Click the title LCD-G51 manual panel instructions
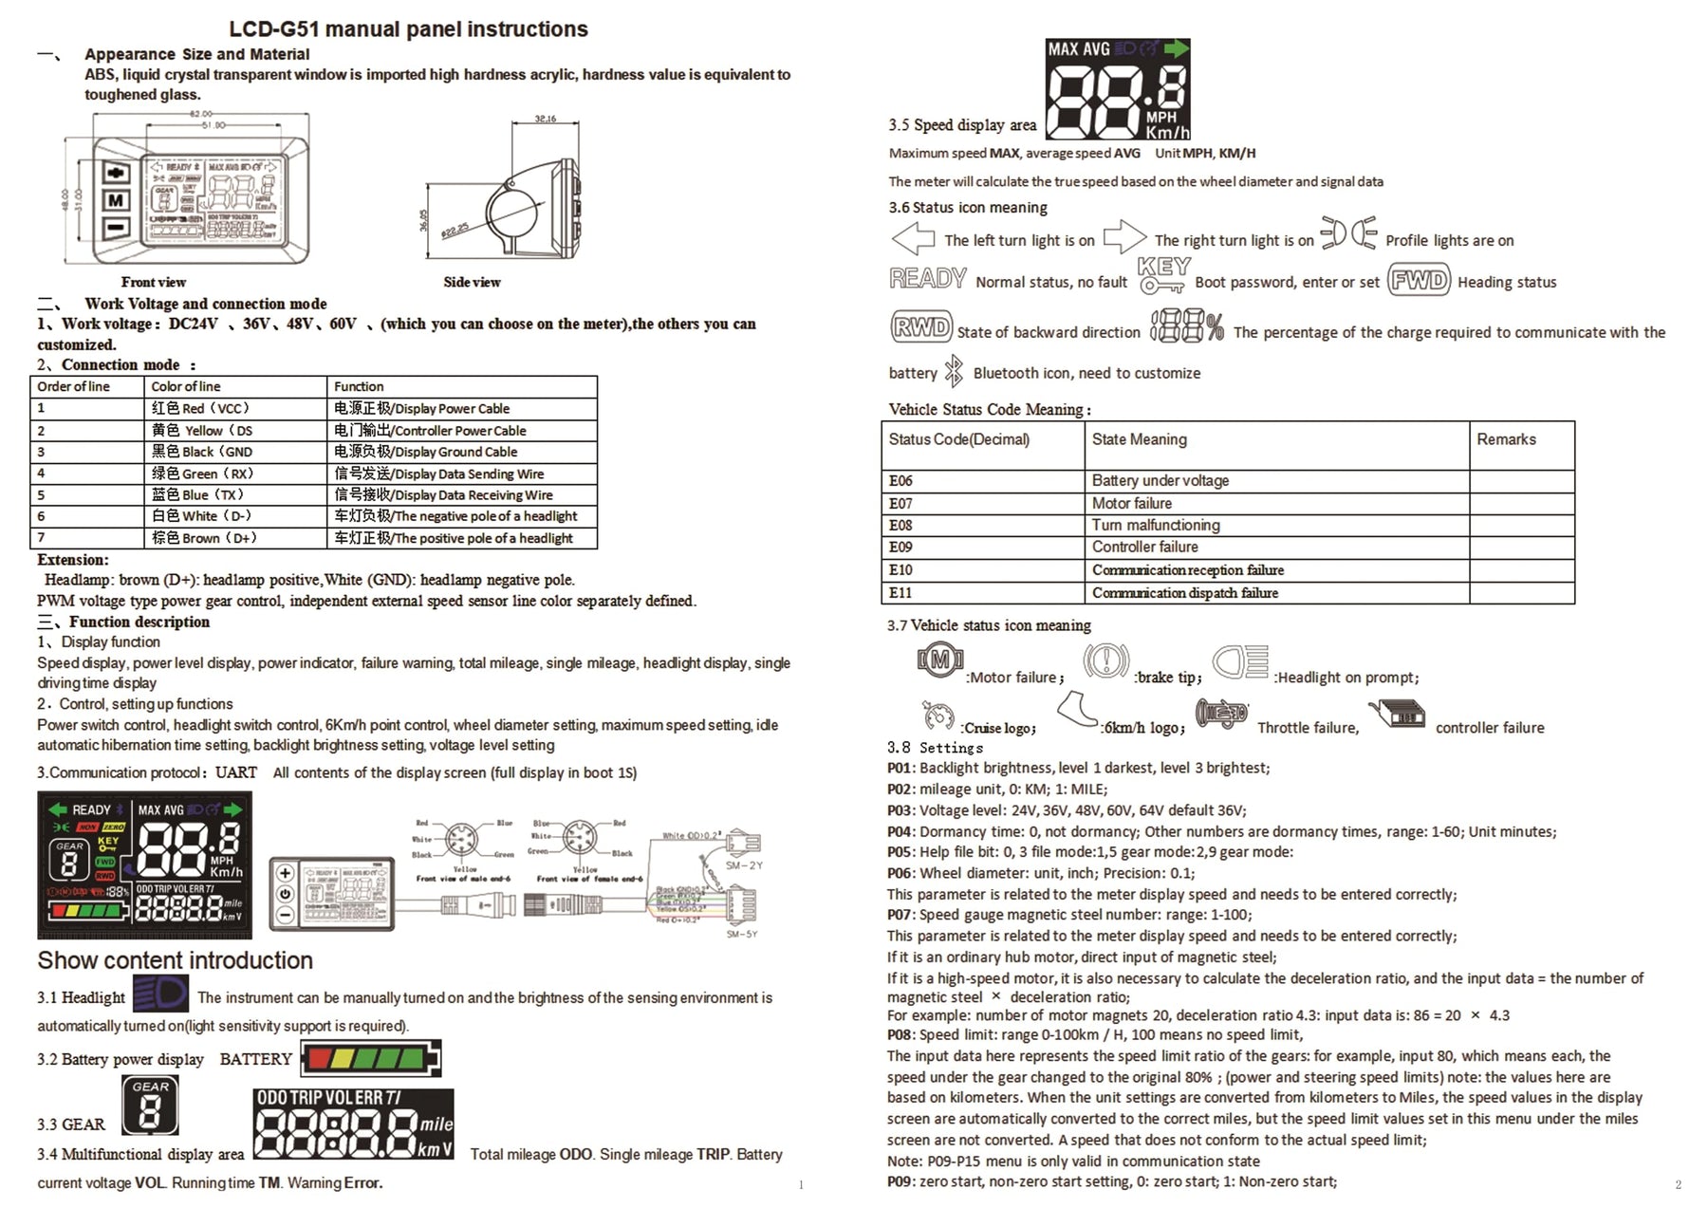(x=408, y=29)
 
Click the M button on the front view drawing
(x=116, y=200)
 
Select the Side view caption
(x=472, y=282)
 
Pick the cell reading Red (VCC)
(x=201, y=408)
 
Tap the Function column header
(x=359, y=386)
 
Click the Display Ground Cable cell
(x=426, y=452)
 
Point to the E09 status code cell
(x=900, y=547)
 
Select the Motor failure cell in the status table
(x=1131, y=503)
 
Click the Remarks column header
(x=1506, y=439)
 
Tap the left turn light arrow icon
(x=913, y=238)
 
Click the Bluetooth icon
(x=954, y=372)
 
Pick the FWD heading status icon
(x=1419, y=280)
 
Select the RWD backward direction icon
(x=920, y=327)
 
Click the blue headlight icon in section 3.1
(x=160, y=994)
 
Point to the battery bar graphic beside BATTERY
(x=371, y=1057)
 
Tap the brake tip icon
(x=1105, y=660)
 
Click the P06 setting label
(x=900, y=873)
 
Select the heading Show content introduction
(x=176, y=960)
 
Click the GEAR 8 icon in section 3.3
(x=150, y=1106)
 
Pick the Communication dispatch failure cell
(x=1184, y=593)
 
